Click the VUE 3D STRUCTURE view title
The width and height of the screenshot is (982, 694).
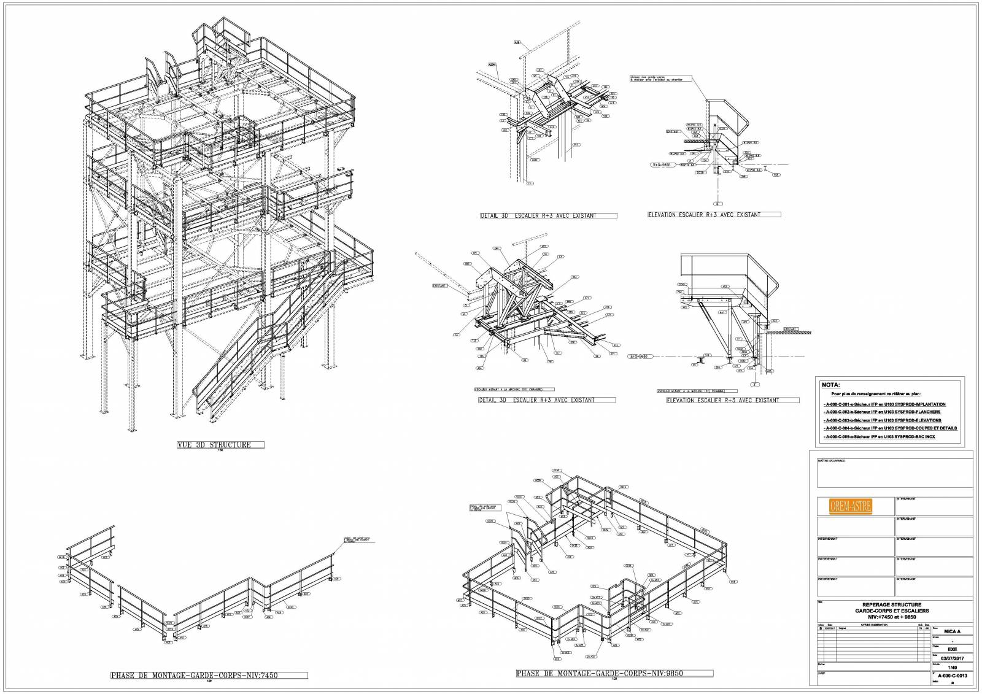click(214, 445)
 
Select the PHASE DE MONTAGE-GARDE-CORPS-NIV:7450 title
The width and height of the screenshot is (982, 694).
click(194, 676)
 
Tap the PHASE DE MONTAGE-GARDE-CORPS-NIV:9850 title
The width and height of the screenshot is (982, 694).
click(599, 673)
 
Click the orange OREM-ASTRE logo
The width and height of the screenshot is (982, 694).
click(850, 506)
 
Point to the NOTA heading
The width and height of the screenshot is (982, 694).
click(831, 385)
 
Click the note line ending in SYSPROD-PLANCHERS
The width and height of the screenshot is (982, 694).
click(881, 412)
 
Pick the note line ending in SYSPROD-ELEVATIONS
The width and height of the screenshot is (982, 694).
click(882, 420)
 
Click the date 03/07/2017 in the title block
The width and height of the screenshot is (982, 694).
click(952, 658)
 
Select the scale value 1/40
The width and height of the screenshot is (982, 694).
click(952, 667)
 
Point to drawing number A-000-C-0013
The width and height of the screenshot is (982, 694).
click(953, 676)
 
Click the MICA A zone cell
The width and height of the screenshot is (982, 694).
click(952, 631)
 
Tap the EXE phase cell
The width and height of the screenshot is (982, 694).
click(952, 649)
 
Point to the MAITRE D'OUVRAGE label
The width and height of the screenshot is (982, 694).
click(831, 461)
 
